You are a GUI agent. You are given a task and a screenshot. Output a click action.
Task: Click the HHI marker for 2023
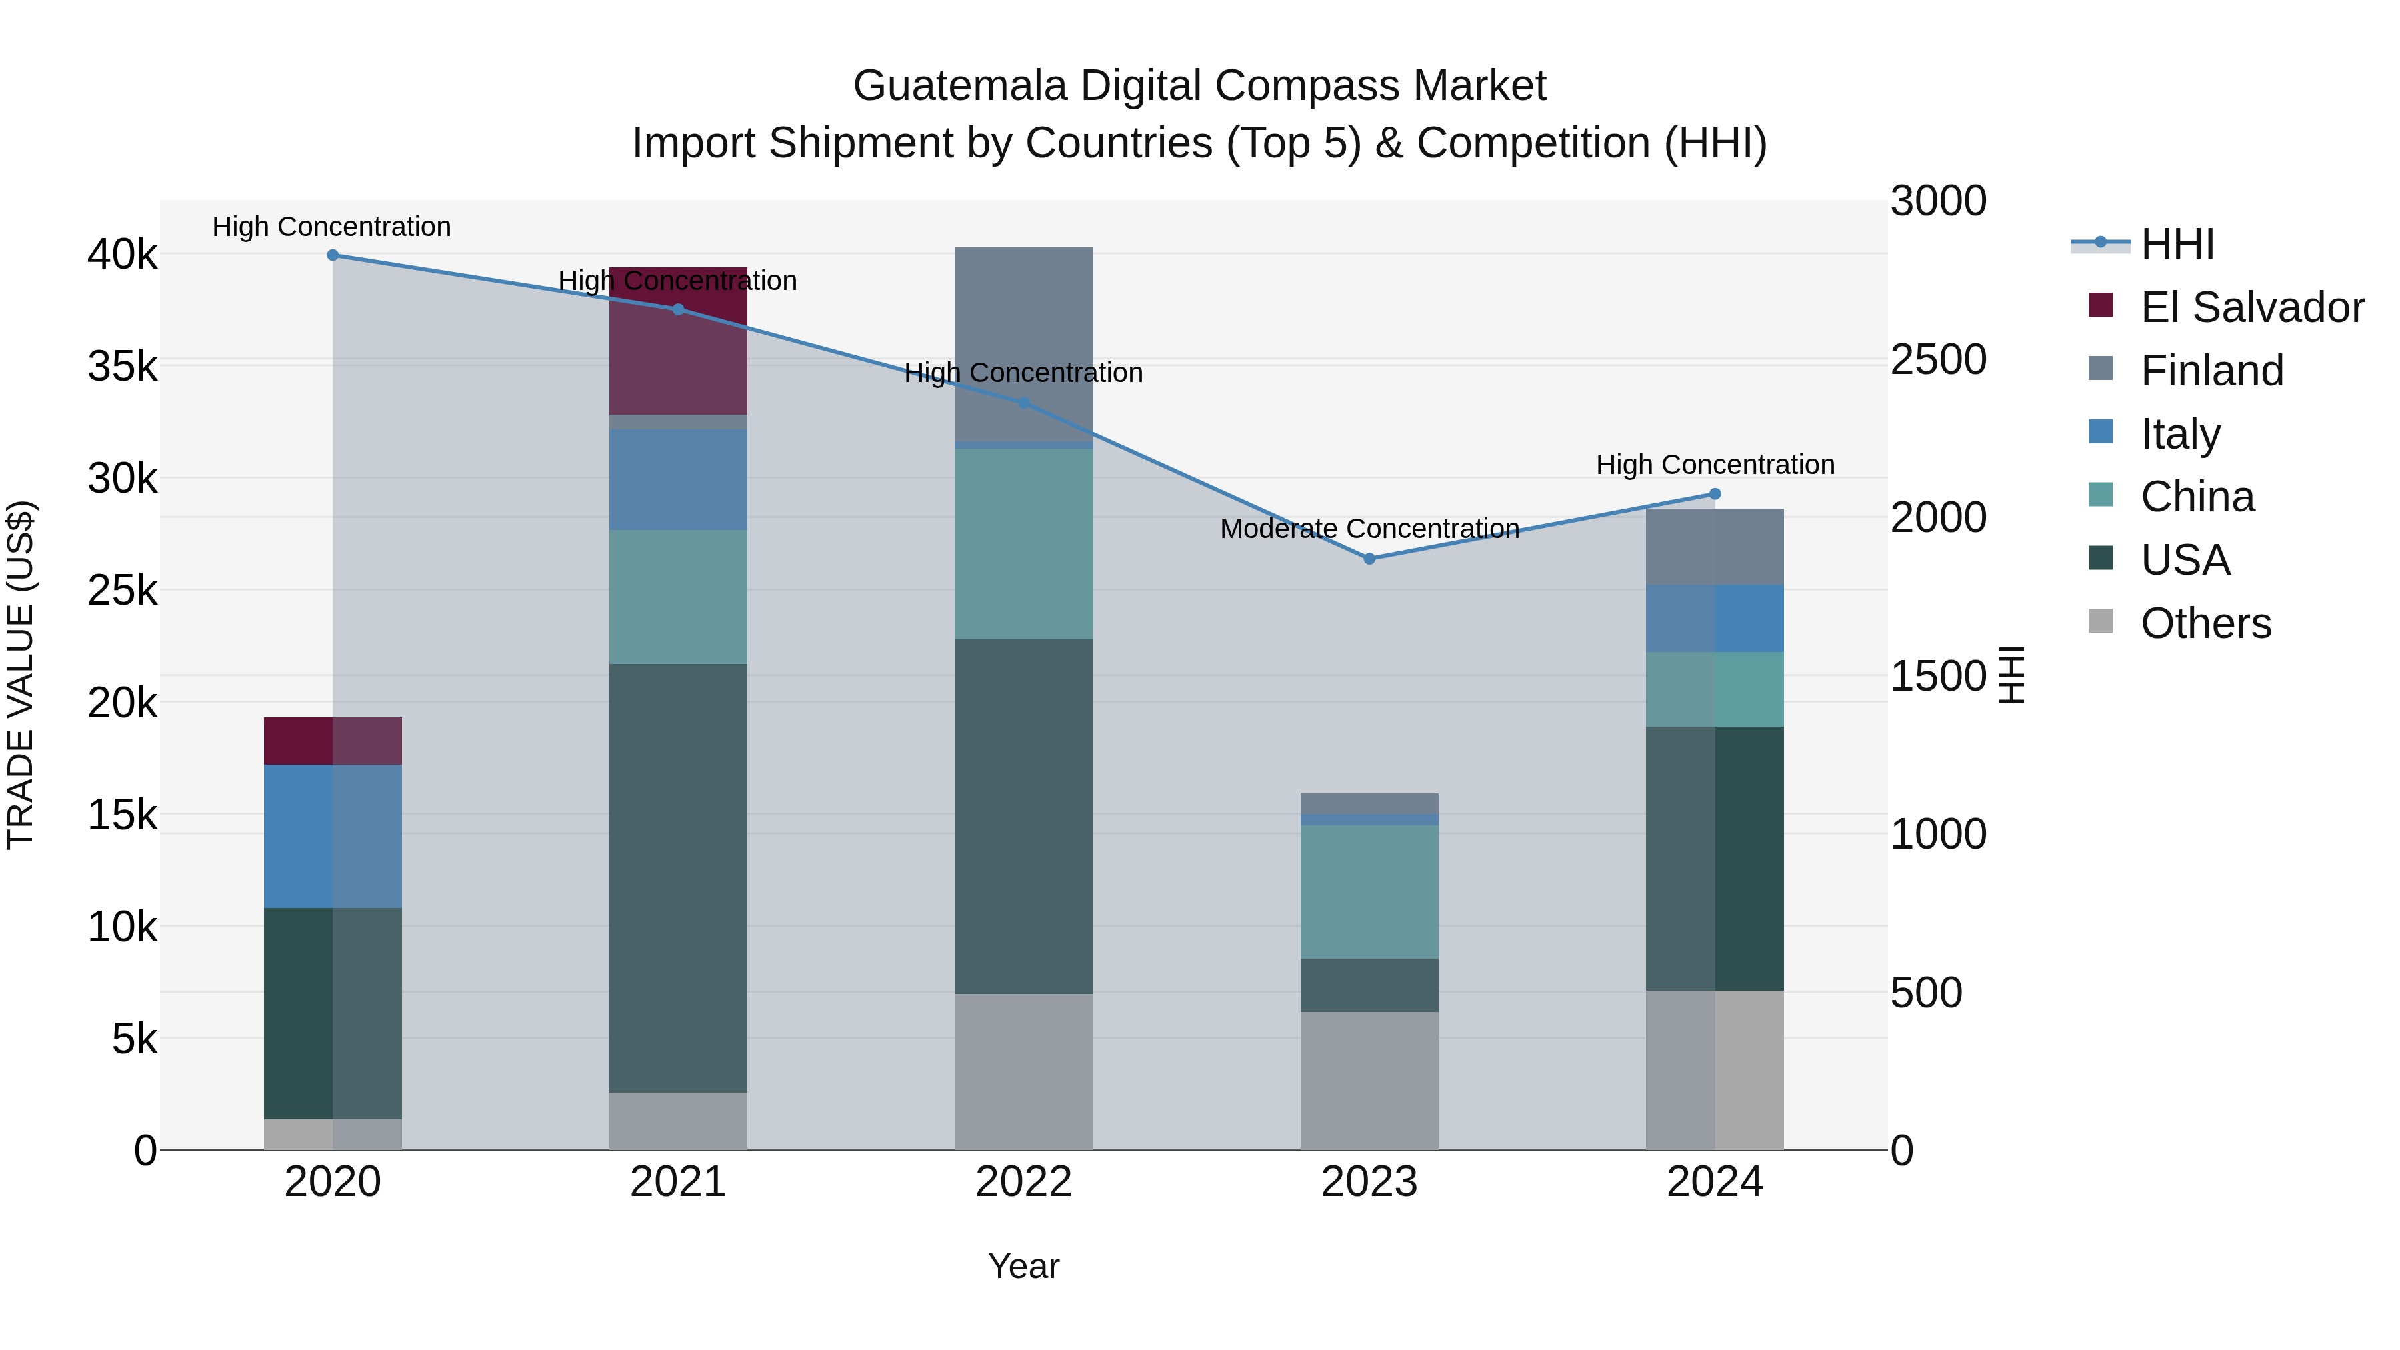click(1369, 559)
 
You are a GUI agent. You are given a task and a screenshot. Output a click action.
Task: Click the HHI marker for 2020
click(333, 255)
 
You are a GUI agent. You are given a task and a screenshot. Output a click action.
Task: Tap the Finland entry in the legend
click(2211, 371)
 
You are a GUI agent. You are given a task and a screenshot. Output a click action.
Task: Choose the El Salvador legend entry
click(2251, 307)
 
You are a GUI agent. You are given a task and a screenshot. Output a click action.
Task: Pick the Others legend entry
click(2205, 623)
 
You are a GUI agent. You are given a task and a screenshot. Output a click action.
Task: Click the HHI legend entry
click(2177, 244)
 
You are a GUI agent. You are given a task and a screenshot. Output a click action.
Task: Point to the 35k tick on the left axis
click(123, 366)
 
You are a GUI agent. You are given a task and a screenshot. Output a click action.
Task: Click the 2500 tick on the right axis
click(1938, 359)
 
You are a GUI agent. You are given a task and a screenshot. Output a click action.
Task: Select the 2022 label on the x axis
click(1023, 1182)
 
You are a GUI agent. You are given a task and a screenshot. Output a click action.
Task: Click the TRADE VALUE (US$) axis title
click(21, 675)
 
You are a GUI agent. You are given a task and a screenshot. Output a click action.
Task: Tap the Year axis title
click(1023, 1266)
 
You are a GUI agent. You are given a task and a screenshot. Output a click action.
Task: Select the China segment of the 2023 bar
click(1369, 891)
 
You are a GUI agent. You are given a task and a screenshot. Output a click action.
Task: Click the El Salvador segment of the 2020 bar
click(333, 741)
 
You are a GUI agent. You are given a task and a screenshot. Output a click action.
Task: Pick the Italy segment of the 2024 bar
click(1714, 618)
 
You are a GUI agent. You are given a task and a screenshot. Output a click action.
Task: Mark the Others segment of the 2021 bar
click(677, 1121)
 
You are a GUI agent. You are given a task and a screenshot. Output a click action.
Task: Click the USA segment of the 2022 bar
click(1023, 815)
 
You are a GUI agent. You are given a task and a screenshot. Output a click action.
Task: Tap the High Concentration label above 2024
click(1714, 464)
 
